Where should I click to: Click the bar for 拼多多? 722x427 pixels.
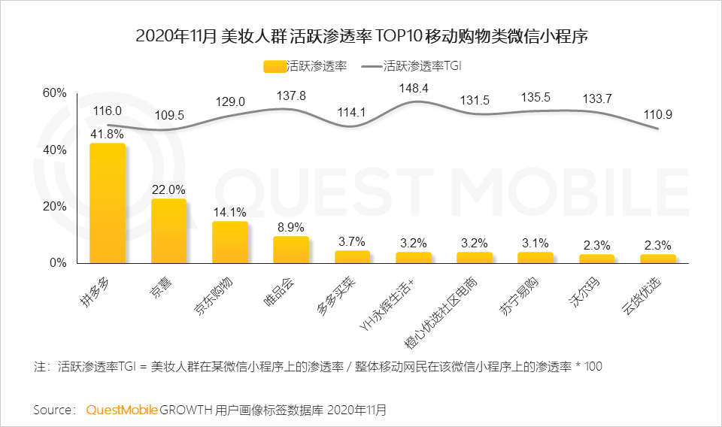click(x=108, y=203)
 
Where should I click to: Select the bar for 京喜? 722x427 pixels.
click(x=168, y=231)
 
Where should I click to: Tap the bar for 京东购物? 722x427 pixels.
click(x=230, y=242)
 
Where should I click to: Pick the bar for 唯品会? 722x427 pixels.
click(x=291, y=250)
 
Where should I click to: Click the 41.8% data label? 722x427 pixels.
click(x=107, y=134)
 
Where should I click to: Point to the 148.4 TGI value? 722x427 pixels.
click(x=414, y=88)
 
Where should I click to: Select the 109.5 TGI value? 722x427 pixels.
click(x=169, y=116)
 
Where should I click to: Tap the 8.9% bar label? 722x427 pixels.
click(x=291, y=227)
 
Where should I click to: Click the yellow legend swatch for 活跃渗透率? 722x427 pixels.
click(x=275, y=66)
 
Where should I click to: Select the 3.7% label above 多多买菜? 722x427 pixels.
click(x=352, y=241)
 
